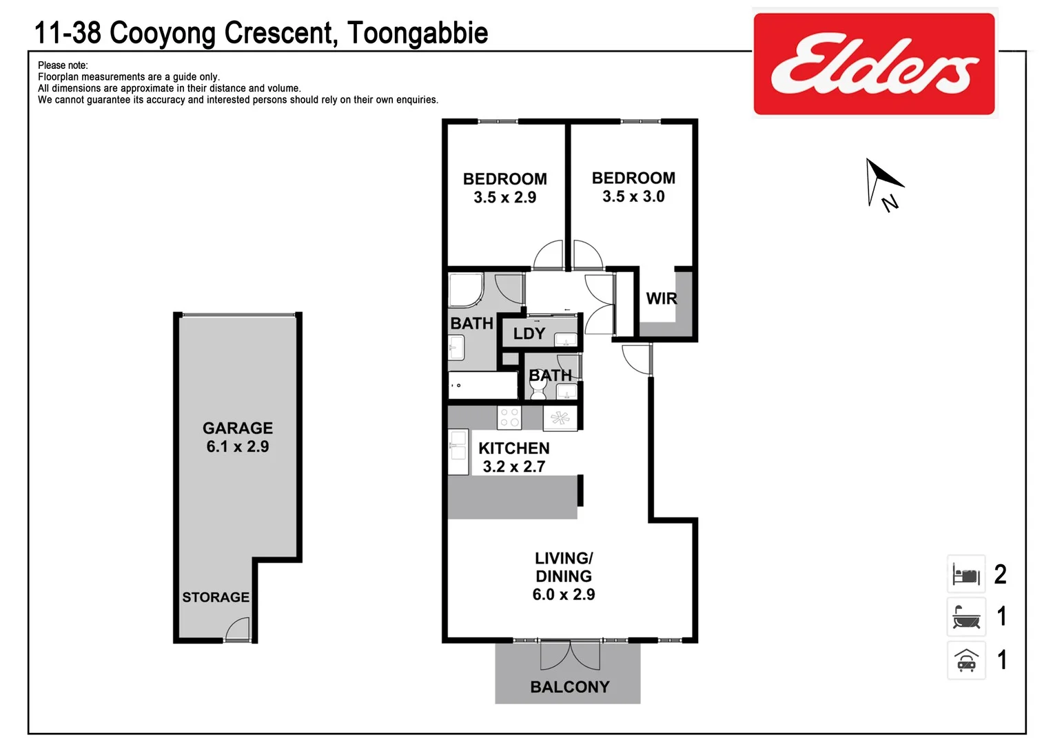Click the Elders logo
tap(874, 63)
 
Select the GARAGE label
tap(238, 428)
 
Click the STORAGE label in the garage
tap(216, 597)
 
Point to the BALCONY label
tap(570, 687)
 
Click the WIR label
tap(662, 298)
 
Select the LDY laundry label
tap(529, 333)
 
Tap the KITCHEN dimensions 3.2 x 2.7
tap(514, 466)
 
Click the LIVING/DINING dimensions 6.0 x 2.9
tap(564, 595)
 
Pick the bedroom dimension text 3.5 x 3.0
tap(633, 196)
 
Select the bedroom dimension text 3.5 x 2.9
tap(505, 197)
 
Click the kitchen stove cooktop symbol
tap(510, 417)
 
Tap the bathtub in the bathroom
tap(482, 385)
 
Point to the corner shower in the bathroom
tap(465, 289)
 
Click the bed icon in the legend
tap(966, 574)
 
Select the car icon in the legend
tap(966, 661)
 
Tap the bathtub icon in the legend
tap(966, 617)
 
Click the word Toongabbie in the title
tap(418, 33)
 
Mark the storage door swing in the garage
tap(238, 628)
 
